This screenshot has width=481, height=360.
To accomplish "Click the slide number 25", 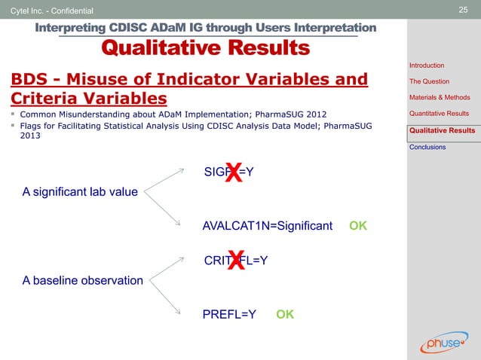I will point(464,9).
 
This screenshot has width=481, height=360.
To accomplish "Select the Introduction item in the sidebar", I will point(427,66).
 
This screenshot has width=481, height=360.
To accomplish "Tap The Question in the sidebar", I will point(429,81).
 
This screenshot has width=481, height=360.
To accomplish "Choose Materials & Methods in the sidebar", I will point(440,97).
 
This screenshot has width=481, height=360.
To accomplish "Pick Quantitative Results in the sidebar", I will point(439,114).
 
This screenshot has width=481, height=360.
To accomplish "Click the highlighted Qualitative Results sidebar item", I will point(442,130).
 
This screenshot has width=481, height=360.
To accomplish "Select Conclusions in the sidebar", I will point(427,147).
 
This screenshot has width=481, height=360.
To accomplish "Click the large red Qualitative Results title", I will point(205,48).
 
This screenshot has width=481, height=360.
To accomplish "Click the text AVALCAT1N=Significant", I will point(268,225).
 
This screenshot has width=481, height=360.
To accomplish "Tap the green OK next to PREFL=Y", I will point(285,314).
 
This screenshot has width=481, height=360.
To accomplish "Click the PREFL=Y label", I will point(229,314).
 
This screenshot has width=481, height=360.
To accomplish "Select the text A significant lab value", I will point(80,192).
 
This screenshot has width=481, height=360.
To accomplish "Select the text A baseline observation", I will point(82,281).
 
